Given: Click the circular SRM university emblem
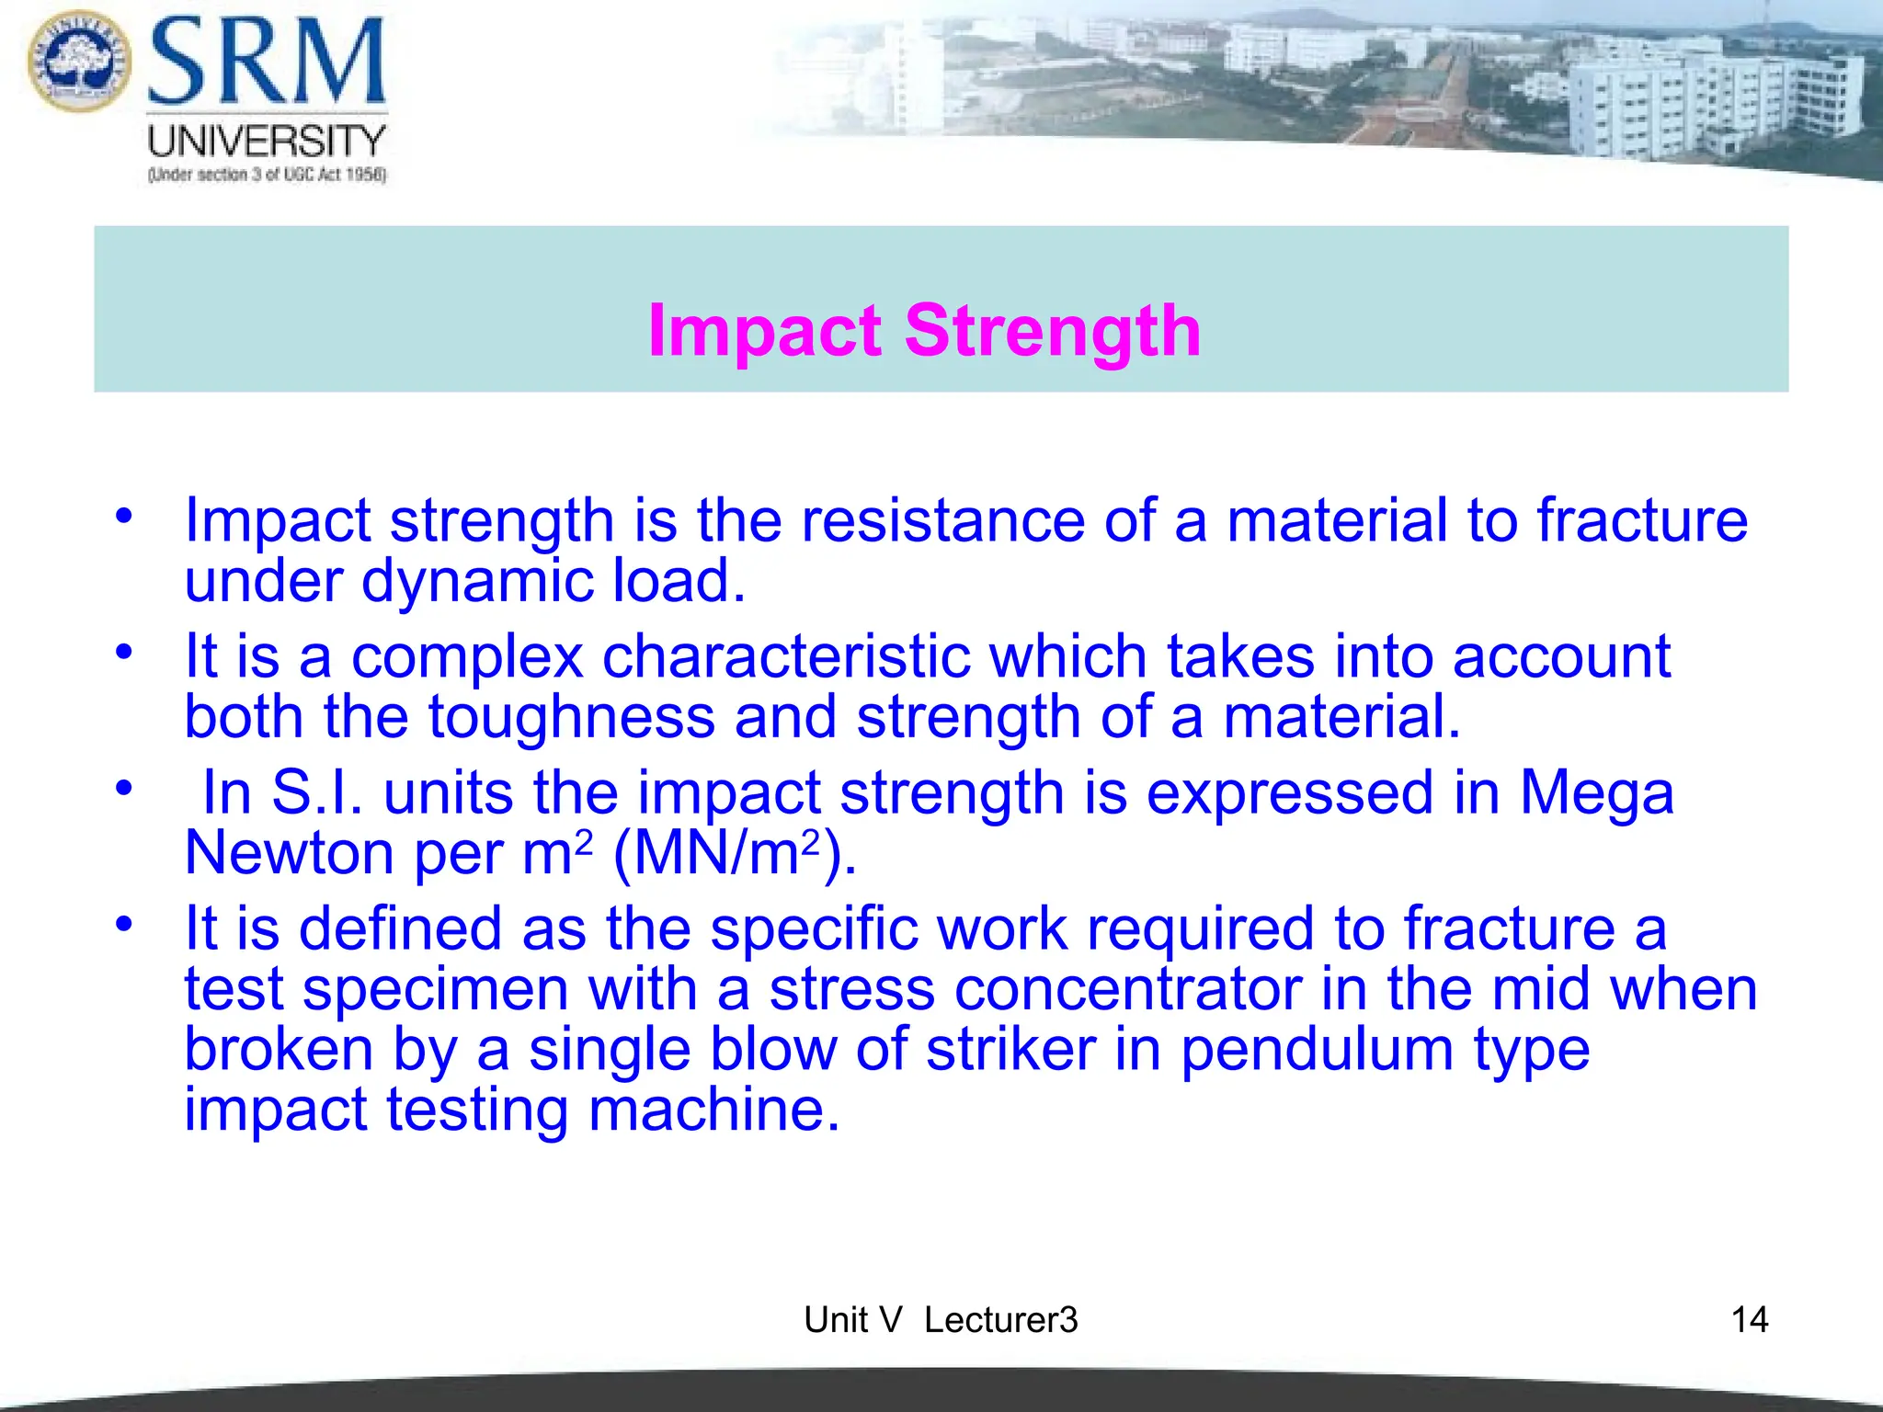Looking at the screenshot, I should [80, 61].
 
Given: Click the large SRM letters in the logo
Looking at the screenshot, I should [267, 62].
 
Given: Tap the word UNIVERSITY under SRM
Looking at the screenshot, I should [267, 142].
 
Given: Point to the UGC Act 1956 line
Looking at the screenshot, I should [267, 175].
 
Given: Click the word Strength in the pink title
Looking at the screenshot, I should [1053, 330].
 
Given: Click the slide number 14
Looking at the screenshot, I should [1749, 1320].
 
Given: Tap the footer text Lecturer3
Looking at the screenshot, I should [1000, 1320].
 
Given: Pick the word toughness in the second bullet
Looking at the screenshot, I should [571, 717].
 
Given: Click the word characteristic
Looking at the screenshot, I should [786, 656].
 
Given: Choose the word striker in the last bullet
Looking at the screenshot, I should [1010, 1050].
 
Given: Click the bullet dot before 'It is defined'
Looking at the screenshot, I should [124, 924].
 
